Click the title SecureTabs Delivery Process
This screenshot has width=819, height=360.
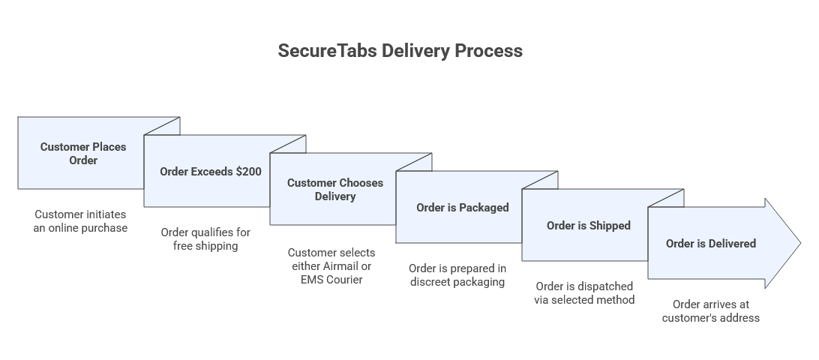point(400,51)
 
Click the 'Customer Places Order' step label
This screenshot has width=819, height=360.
point(83,153)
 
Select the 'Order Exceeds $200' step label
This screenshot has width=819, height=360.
point(211,172)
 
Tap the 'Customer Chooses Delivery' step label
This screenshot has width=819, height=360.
point(335,190)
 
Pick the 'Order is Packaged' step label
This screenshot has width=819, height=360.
point(463,208)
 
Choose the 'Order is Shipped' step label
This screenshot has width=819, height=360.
point(589,226)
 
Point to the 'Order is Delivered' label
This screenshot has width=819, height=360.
point(711,244)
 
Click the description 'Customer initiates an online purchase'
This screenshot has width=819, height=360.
point(80,221)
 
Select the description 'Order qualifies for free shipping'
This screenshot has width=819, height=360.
point(205,239)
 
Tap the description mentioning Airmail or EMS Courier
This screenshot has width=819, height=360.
point(331,266)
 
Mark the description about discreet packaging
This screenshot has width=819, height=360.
point(457,275)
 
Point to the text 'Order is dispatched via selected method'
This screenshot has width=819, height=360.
point(584,293)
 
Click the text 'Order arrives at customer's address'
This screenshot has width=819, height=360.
point(710,311)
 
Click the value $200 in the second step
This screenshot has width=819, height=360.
point(249,172)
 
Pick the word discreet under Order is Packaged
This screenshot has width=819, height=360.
point(430,283)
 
